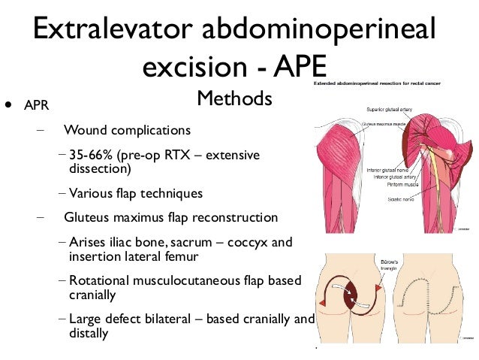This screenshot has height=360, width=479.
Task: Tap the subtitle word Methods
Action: click(x=233, y=98)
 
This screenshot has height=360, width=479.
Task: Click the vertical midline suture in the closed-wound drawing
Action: click(x=434, y=316)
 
